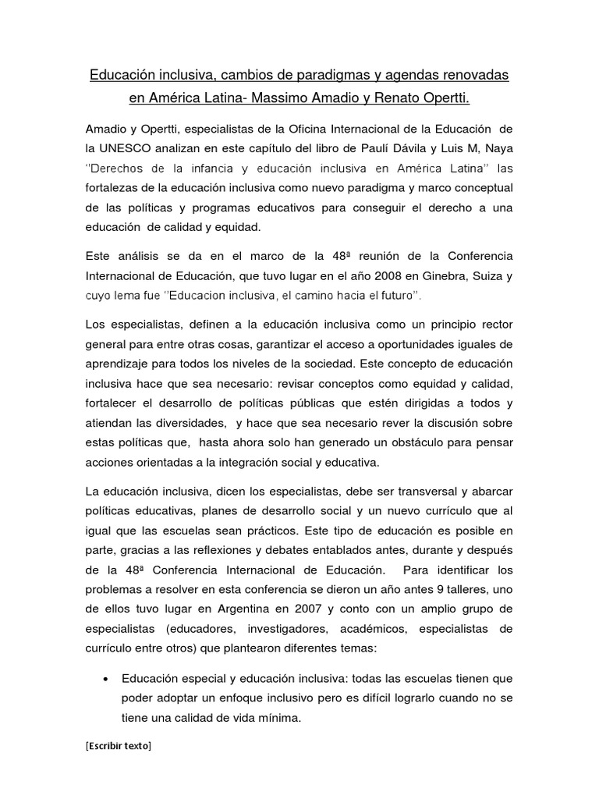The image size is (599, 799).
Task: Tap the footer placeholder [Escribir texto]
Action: coord(119,746)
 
